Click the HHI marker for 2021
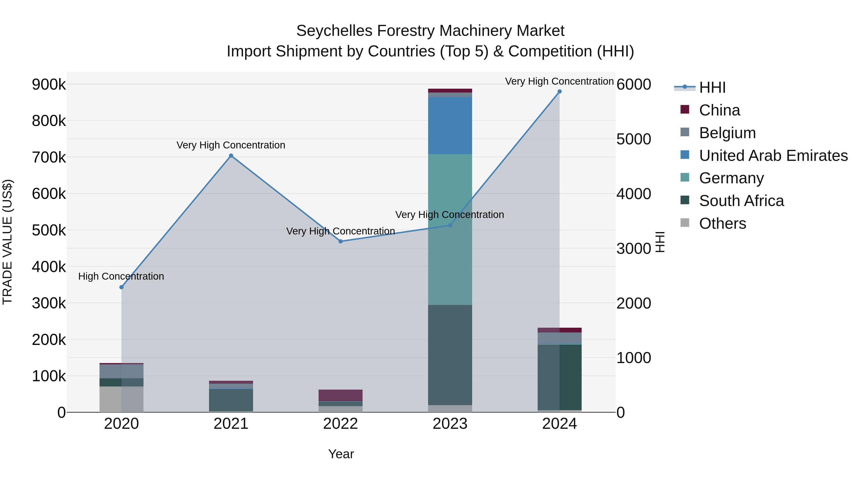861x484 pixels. coord(231,156)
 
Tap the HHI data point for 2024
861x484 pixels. coord(559,92)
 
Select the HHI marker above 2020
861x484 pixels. coord(121,287)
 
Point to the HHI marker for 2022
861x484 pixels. coord(341,241)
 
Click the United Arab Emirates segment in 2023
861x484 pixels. coord(450,125)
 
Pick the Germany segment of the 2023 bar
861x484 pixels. coord(450,229)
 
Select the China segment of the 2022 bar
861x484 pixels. coord(341,395)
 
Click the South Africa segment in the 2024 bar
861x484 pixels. coord(559,377)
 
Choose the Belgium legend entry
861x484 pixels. coord(727,133)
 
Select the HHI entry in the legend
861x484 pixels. coord(712,87)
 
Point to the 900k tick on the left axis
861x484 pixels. coord(49,85)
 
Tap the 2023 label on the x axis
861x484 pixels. coord(450,424)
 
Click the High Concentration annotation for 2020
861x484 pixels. coord(121,276)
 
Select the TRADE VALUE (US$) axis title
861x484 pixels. coord(7,242)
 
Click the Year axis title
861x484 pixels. coord(341,454)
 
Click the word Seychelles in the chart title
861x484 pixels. coord(334,31)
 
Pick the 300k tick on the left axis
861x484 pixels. coord(49,303)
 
